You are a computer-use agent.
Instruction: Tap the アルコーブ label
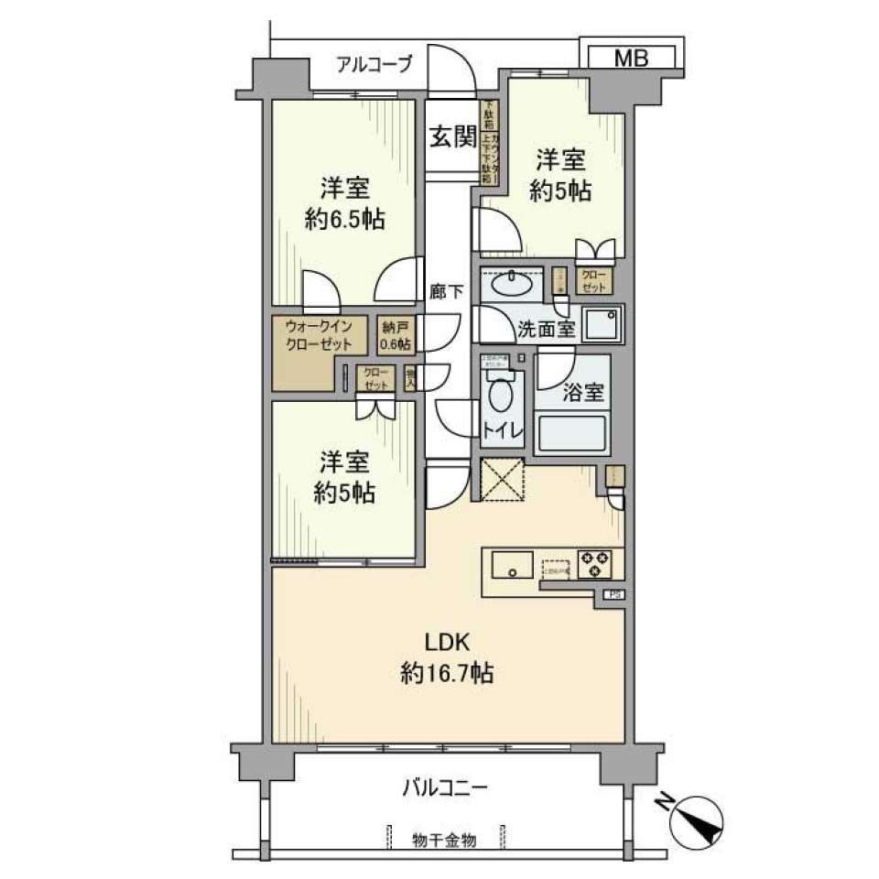coord(373,64)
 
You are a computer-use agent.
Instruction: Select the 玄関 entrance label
coord(452,138)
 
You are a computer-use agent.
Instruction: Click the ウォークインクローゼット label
coord(318,335)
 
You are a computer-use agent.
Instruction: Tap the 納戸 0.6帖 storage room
coord(395,335)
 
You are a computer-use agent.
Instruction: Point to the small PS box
coord(613,594)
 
